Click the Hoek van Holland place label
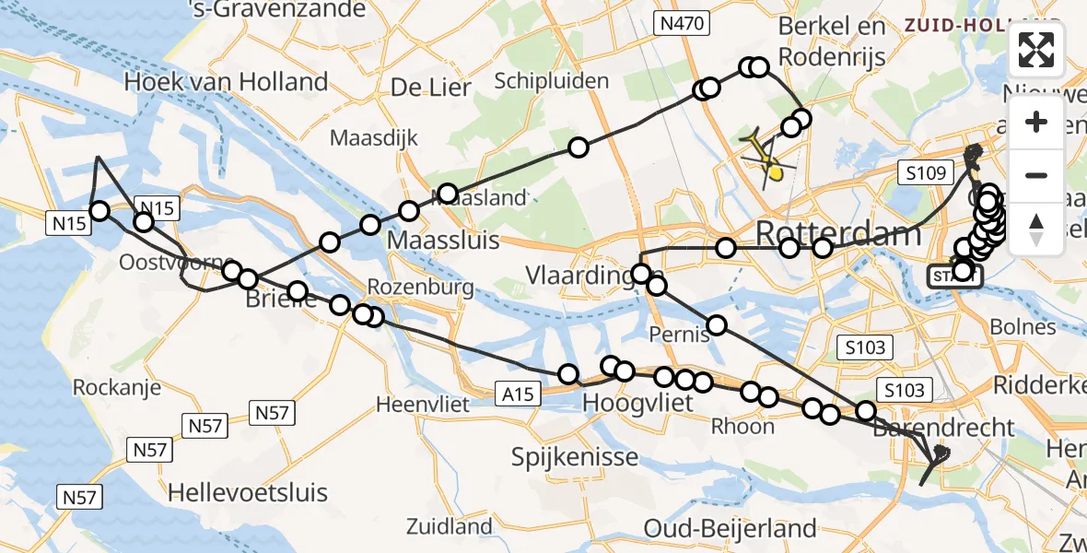(226, 82)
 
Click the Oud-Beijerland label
(730, 528)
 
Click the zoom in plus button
(1036, 123)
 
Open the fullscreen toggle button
(1036, 50)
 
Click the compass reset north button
(1036, 228)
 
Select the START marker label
(954, 277)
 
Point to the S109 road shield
(924, 171)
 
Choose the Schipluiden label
(552, 81)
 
